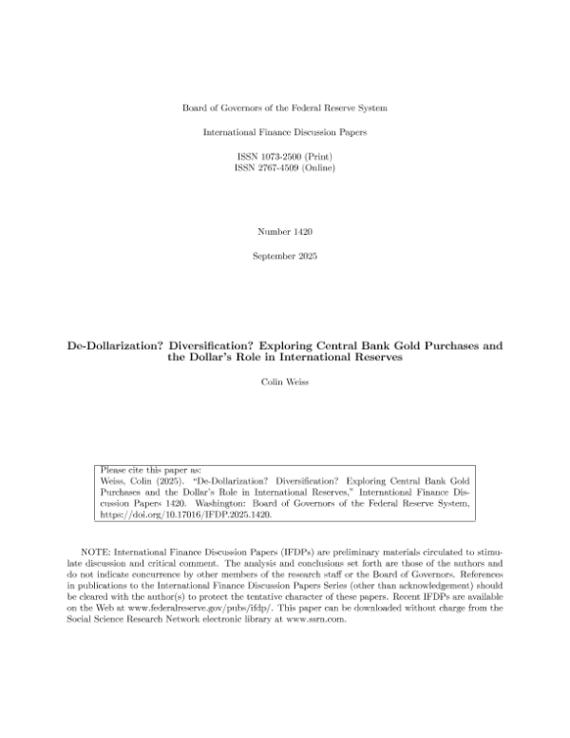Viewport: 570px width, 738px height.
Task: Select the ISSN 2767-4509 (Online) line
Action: point(284,168)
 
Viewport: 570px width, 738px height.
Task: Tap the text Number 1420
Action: point(284,232)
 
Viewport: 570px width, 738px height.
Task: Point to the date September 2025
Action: point(284,258)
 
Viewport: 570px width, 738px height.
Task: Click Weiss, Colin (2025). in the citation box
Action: point(136,482)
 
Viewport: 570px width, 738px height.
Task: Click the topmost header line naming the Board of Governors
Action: point(284,108)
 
